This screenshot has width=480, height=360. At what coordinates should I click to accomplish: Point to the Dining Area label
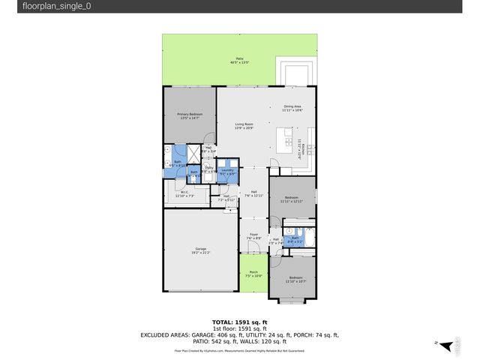coord(292,108)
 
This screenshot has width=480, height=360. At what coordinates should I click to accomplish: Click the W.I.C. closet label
coord(184,193)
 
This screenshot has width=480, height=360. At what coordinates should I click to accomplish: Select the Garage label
coord(200,250)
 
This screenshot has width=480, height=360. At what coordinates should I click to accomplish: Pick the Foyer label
coord(253,236)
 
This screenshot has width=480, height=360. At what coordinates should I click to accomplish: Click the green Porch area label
coord(253,274)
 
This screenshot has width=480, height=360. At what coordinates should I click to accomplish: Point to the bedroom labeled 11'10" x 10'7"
coord(296,279)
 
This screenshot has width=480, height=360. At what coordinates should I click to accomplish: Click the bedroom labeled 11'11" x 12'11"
coord(292,199)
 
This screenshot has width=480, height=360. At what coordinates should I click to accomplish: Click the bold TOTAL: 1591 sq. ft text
coord(239,321)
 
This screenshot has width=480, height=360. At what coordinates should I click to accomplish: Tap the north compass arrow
coord(447,344)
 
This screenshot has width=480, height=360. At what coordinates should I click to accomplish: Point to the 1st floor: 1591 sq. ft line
coord(239,328)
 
